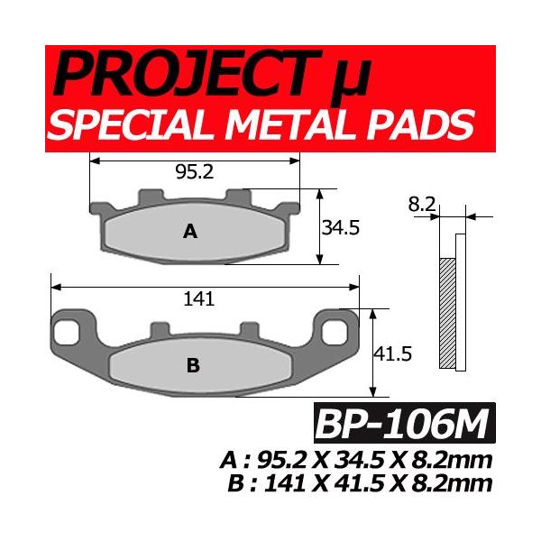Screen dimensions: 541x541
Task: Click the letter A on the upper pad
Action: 189,232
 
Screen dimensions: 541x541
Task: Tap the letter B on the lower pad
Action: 192,365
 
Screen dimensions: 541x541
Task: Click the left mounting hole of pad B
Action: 66,331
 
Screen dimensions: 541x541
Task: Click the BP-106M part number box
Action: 401,421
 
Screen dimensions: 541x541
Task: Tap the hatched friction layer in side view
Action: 447,312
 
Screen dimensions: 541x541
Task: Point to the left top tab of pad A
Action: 149,197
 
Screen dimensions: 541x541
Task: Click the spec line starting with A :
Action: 357,460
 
